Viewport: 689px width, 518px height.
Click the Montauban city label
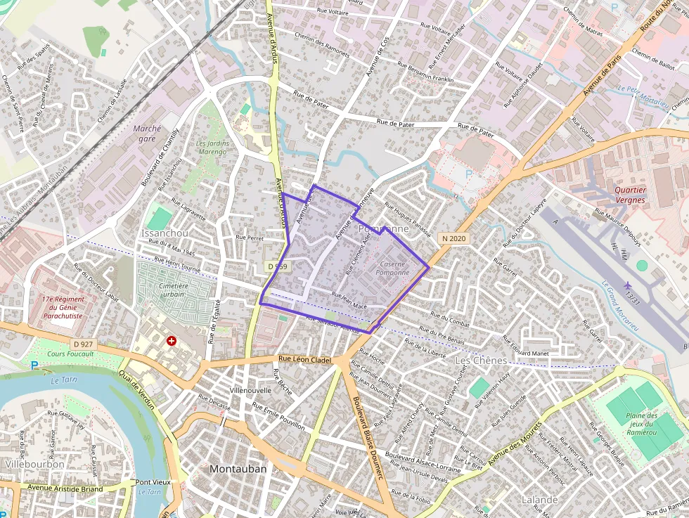(238, 469)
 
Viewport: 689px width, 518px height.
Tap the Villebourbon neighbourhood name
(34, 464)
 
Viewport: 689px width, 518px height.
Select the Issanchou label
(165, 233)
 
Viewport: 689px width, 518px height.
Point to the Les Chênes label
(481, 360)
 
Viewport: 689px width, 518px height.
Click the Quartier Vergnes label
(629, 195)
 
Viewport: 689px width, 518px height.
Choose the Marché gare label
(147, 134)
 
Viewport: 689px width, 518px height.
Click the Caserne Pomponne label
(392, 268)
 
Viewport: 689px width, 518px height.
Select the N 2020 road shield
(454, 239)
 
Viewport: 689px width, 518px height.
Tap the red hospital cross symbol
(171, 341)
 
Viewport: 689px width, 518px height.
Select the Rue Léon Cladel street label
(306, 358)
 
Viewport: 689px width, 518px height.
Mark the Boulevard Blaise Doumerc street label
(367, 436)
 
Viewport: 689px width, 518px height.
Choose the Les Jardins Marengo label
(212, 147)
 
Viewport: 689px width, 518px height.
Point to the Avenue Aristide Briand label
(65, 488)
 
